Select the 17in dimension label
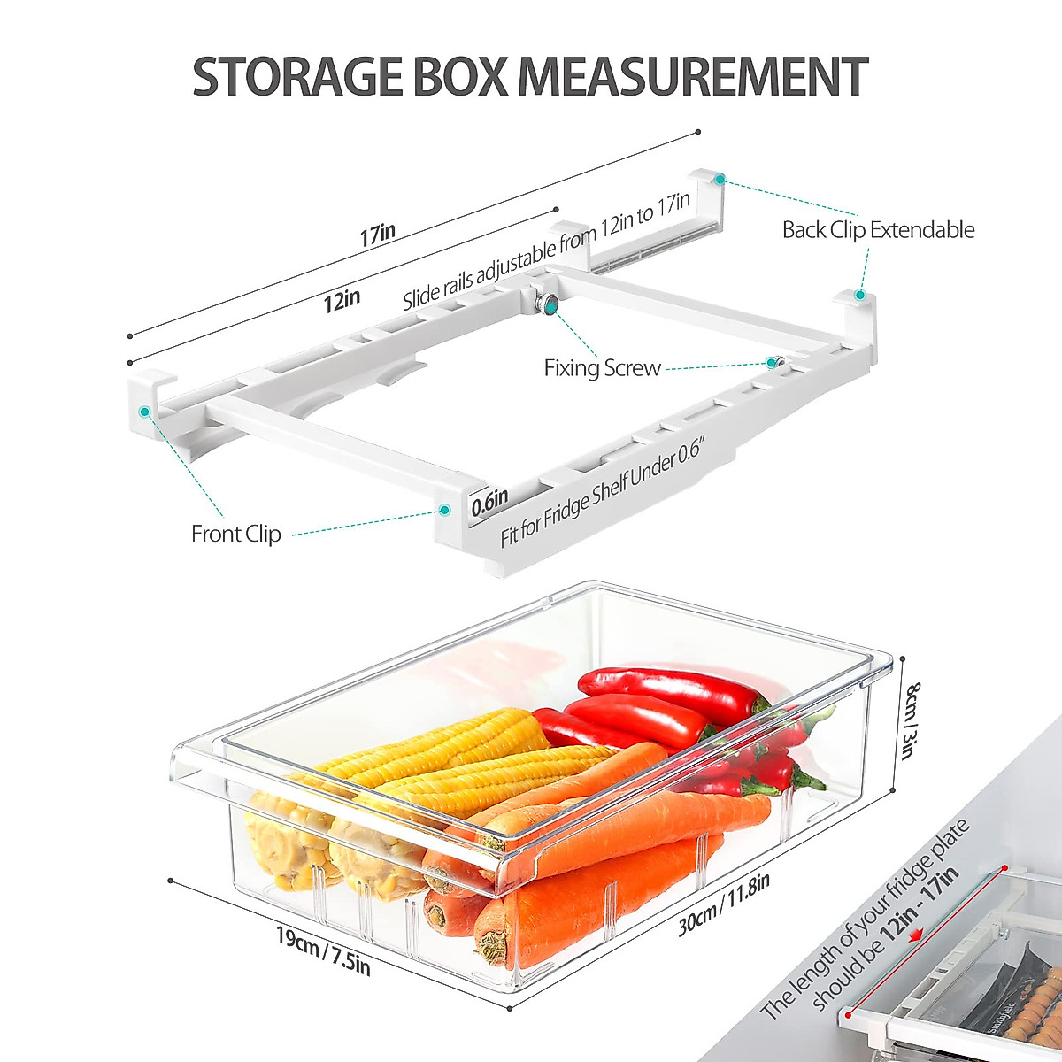(x=378, y=235)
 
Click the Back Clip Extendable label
(x=878, y=230)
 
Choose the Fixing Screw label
(x=602, y=368)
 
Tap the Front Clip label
(x=235, y=534)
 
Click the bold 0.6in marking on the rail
(x=489, y=503)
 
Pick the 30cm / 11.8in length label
(x=724, y=904)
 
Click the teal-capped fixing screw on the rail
(x=551, y=305)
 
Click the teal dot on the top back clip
(x=721, y=179)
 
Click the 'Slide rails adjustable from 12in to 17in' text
(x=546, y=250)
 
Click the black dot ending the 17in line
(x=698, y=132)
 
